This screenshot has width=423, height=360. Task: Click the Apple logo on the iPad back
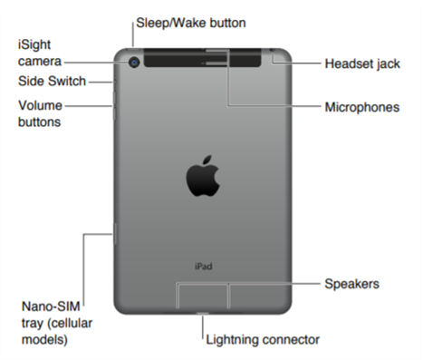pos(204,177)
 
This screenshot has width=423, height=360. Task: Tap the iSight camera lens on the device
pos(135,63)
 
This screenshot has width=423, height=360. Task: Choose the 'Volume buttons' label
pos(40,112)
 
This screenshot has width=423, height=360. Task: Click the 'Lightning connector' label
pos(263,340)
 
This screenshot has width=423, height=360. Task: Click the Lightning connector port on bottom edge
pos(201,313)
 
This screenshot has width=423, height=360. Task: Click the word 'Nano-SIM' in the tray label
pos(51,305)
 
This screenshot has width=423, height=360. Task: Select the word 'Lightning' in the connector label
pos(233,340)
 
